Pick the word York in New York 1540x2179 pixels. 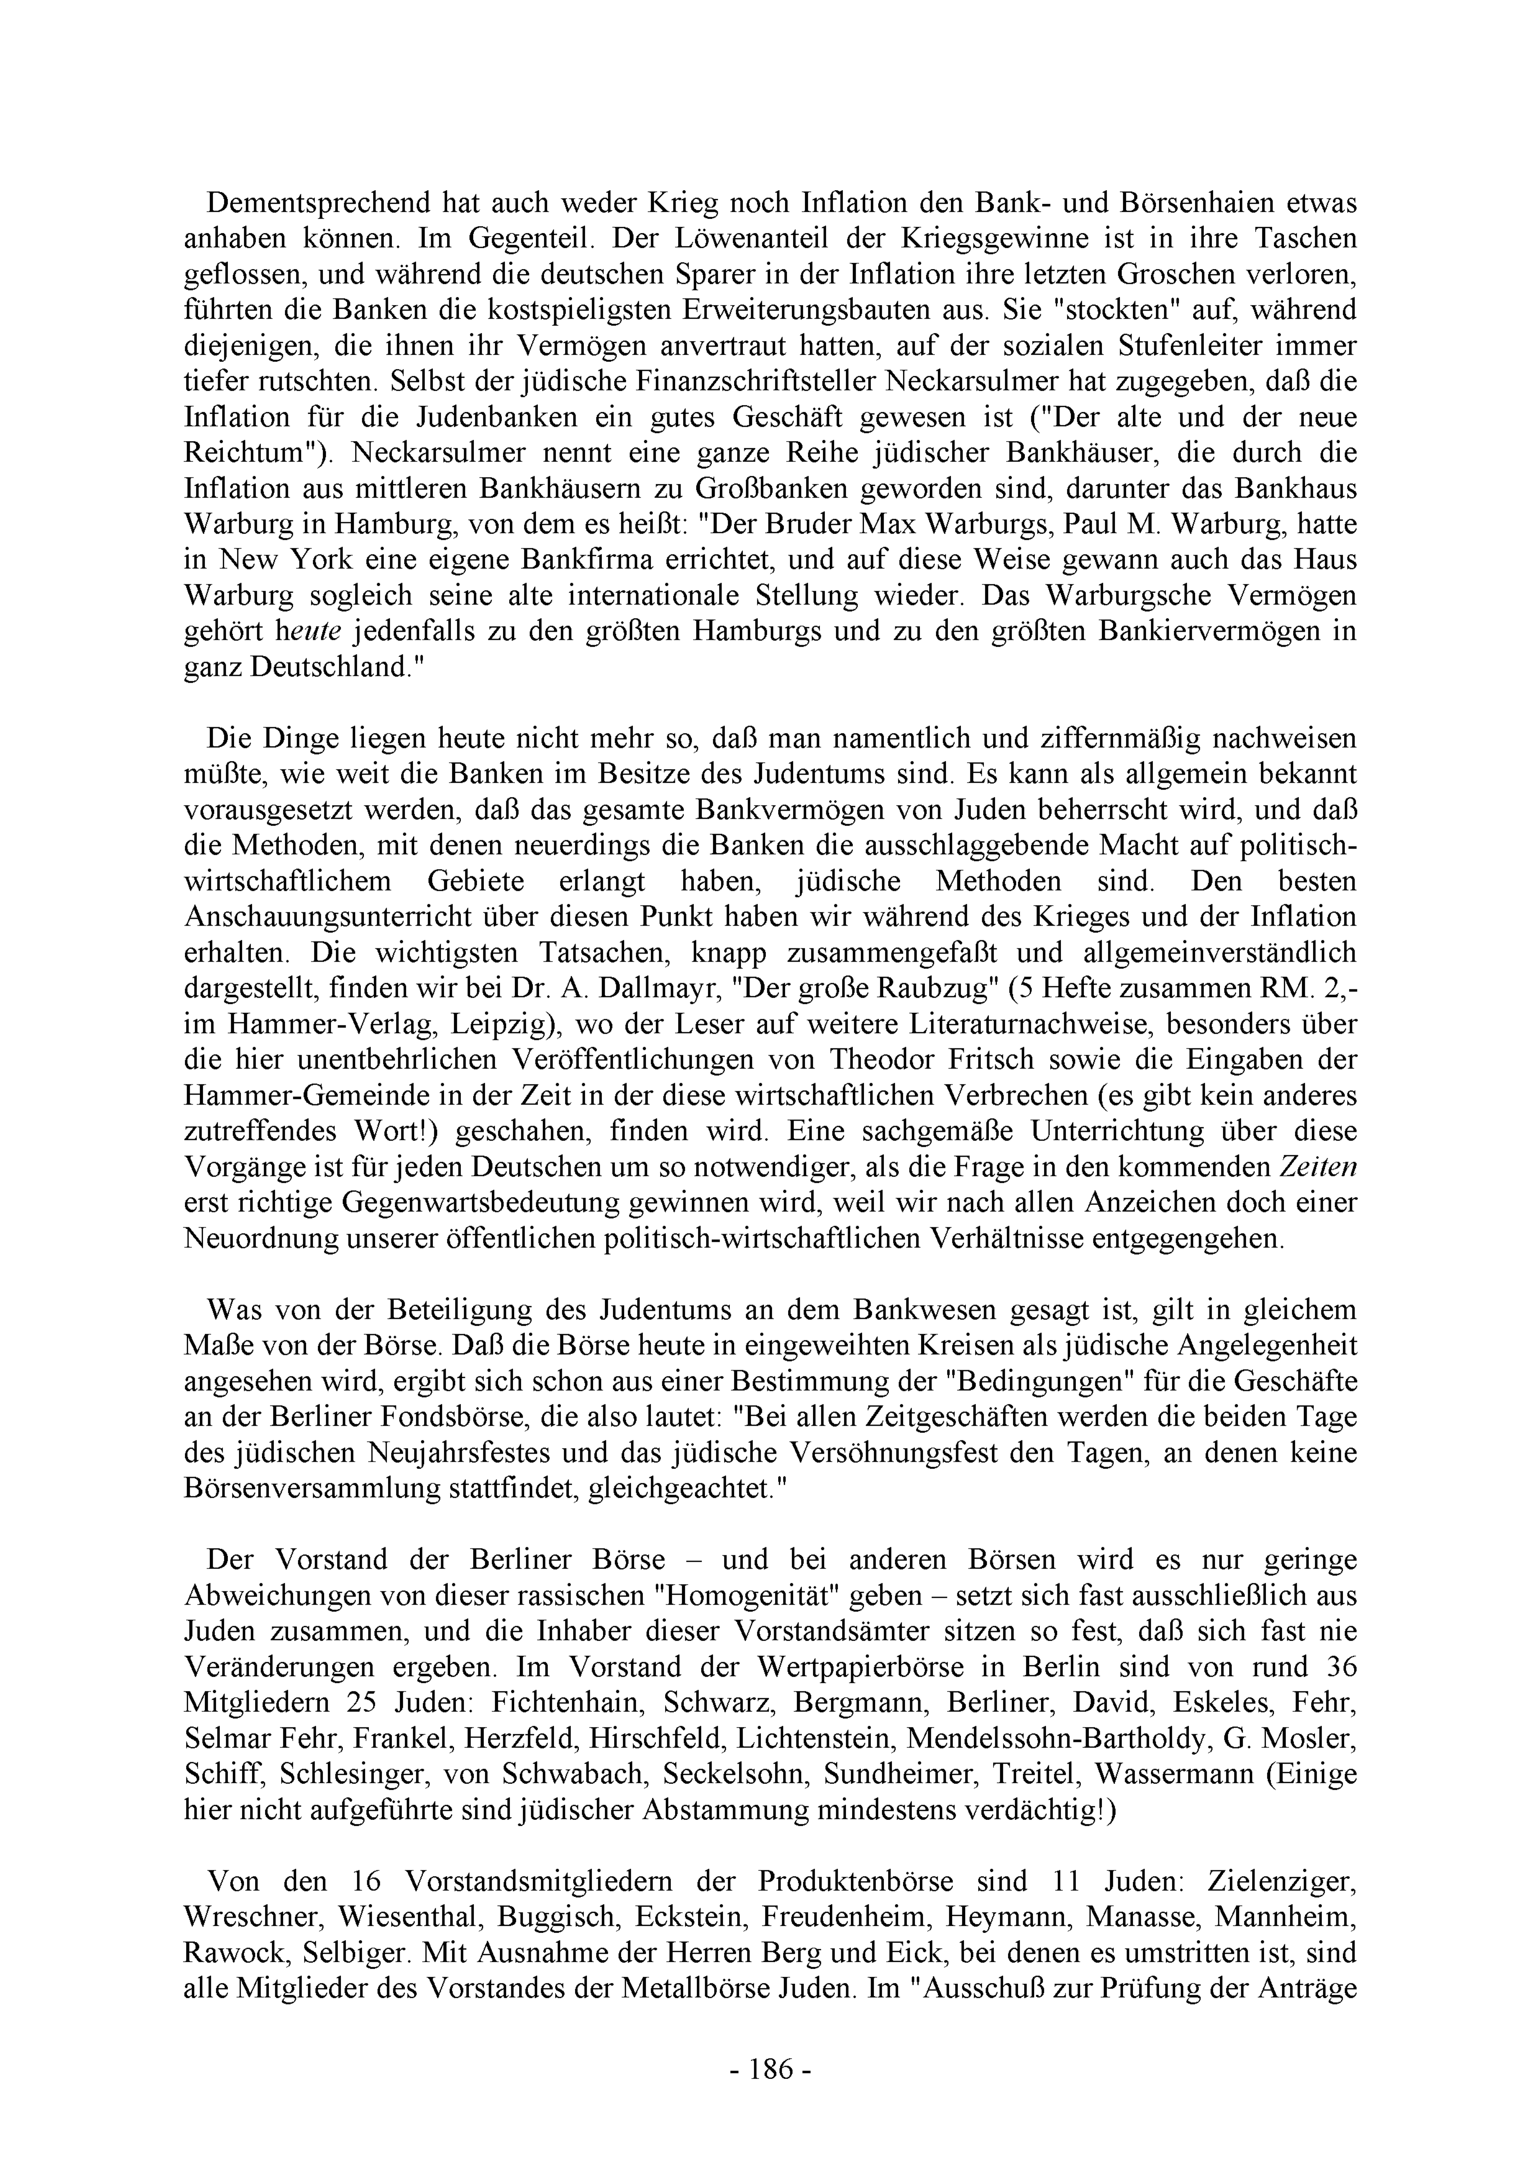310,560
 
